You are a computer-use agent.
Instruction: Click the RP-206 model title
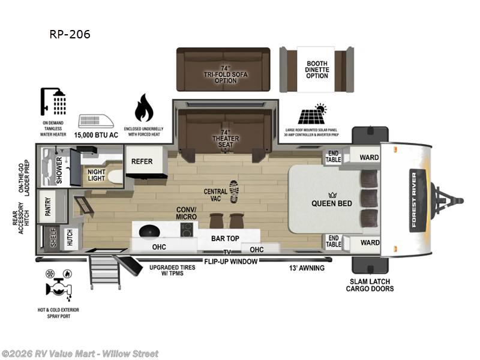[70, 34]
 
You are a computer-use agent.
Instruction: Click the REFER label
[142, 161]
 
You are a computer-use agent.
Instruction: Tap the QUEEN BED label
[331, 203]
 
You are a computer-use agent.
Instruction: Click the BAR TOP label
[226, 238]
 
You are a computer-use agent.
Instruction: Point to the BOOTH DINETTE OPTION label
[317, 68]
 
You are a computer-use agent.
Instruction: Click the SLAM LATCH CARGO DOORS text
[370, 285]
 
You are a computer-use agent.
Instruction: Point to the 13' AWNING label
[307, 268]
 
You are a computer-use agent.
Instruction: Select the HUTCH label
[70, 238]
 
